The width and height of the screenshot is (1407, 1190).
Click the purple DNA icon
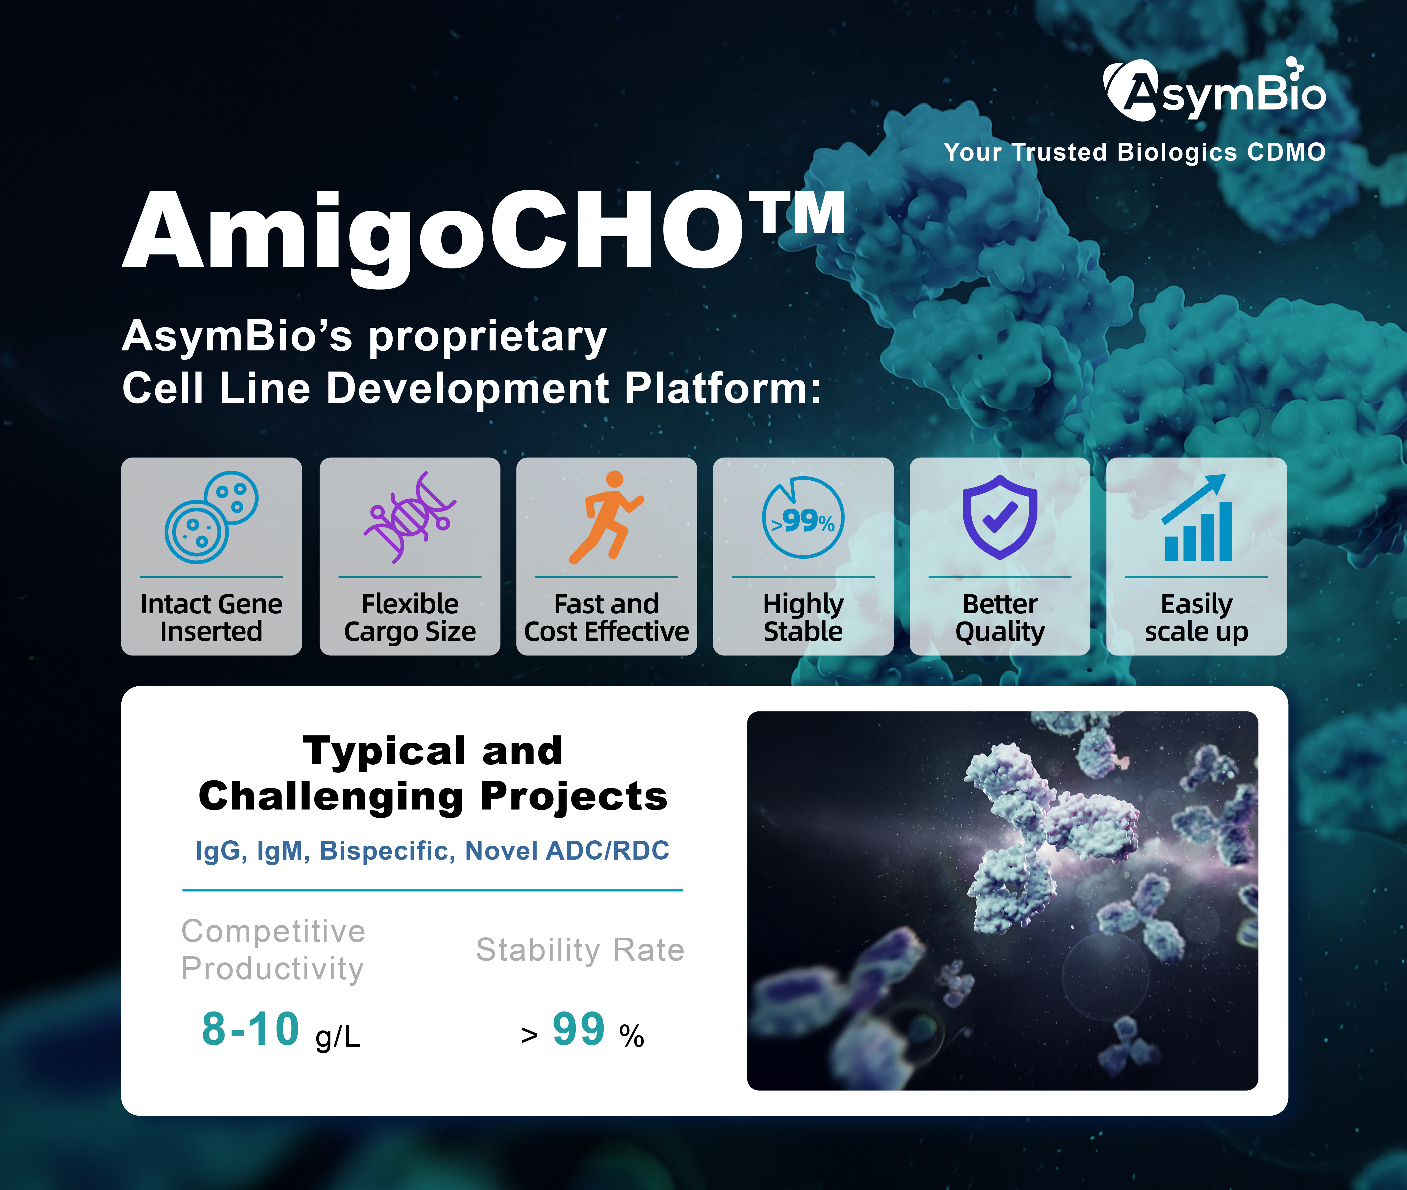pyautogui.click(x=410, y=517)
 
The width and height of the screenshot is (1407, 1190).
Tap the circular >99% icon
pyautogui.click(x=803, y=517)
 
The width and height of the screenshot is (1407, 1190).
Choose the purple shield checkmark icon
pyautogui.click(x=999, y=517)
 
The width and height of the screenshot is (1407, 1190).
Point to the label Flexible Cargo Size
pyautogui.click(x=410, y=617)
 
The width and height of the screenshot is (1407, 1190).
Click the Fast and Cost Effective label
pyautogui.click(x=606, y=617)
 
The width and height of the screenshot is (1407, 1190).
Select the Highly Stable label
pyautogui.click(x=803, y=617)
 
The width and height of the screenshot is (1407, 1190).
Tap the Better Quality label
pyautogui.click(x=999, y=617)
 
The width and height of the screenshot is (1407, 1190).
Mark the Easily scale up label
pyautogui.click(x=1196, y=617)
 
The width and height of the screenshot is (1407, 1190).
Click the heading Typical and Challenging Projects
pyautogui.click(x=433, y=774)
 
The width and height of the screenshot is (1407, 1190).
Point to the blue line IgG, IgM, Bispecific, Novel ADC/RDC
pyautogui.click(x=433, y=851)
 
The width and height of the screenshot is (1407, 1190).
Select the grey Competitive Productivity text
pyautogui.click(x=273, y=950)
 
